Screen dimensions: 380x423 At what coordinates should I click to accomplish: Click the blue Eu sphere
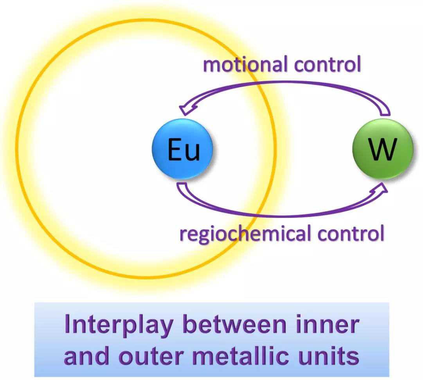tap(182, 149)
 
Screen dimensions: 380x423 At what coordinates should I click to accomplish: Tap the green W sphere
tap(383, 149)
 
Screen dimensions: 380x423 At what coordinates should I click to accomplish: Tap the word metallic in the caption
tap(243, 355)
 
